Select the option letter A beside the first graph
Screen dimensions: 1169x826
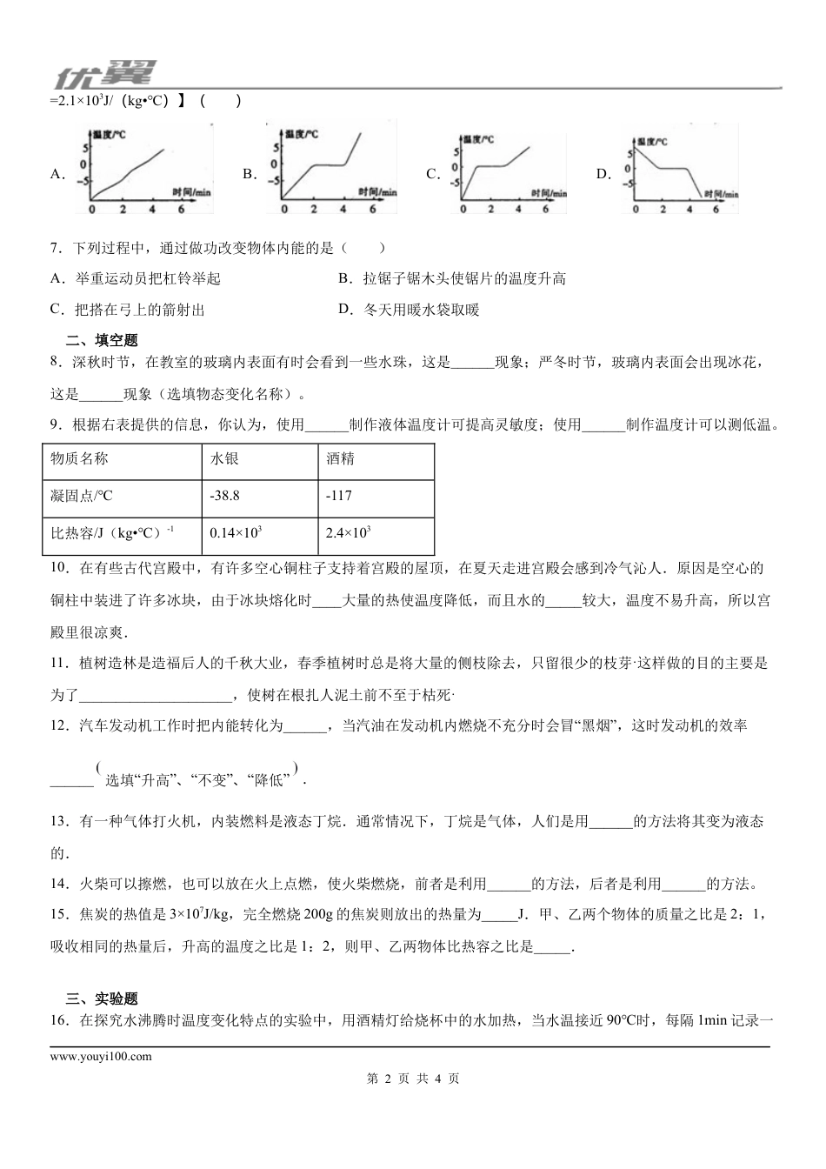(57, 174)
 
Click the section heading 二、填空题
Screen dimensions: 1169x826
(102, 340)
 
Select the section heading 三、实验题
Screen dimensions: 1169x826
(102, 999)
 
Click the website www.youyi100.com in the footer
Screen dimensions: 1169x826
(101, 1056)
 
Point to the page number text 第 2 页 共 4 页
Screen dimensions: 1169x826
(413, 1079)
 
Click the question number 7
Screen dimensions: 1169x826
(56, 248)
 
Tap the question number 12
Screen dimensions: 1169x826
(59, 725)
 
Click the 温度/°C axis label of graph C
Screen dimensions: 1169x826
(478, 139)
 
